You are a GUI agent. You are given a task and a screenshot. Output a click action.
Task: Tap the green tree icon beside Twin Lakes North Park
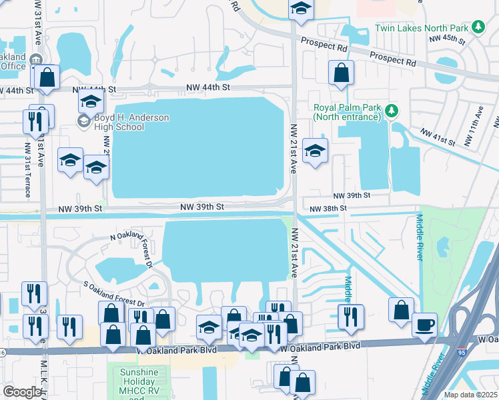pyautogui.click(x=478, y=27)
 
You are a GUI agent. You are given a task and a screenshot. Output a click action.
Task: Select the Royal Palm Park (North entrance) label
pyautogui.click(x=347, y=111)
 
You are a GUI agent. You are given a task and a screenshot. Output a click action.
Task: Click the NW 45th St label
pyautogui.click(x=446, y=39)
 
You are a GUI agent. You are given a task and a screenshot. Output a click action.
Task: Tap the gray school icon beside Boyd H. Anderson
pyautogui.click(x=84, y=121)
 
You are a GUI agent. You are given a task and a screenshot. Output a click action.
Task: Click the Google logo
pyautogui.click(x=22, y=392)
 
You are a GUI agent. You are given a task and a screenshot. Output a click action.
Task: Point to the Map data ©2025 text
pyautogui.click(x=470, y=395)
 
